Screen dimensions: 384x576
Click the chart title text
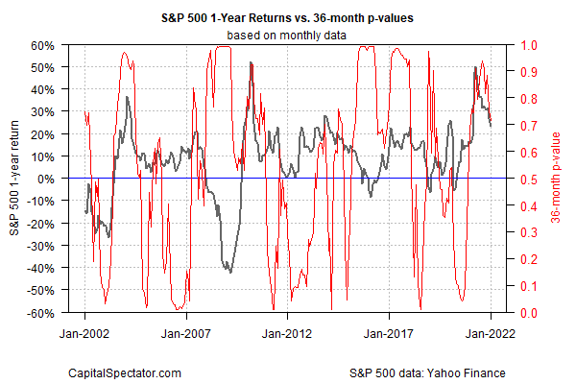pyautogui.click(x=288, y=17)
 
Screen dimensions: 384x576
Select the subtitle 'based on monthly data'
pyautogui.click(x=288, y=36)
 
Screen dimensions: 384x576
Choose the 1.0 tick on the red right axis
pyautogui.click(x=530, y=45)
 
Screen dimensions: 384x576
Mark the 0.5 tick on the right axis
pyautogui.click(x=530, y=179)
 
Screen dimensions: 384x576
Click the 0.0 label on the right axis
pyautogui.click(x=530, y=313)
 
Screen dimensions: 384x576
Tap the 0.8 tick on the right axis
pyautogui.click(x=530, y=99)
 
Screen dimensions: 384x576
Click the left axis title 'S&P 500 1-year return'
pyautogui.click(x=14, y=180)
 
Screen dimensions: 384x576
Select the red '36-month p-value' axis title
pyautogui.click(x=559, y=180)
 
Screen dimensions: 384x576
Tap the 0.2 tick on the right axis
pyautogui.click(x=530, y=259)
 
